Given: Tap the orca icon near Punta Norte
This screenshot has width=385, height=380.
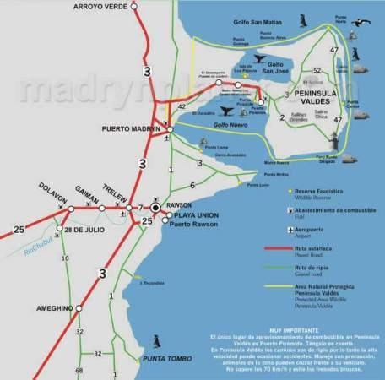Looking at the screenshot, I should coord(369,30).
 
